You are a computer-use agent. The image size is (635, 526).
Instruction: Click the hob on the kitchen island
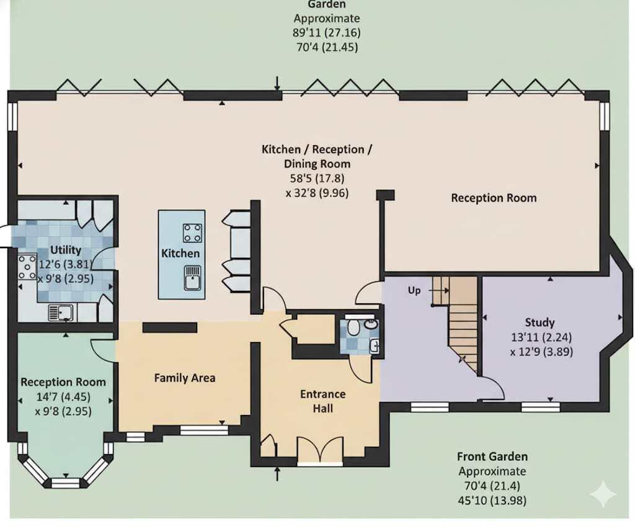pyautogui.click(x=192, y=233)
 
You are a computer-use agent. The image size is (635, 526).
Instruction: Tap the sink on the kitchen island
pyautogui.click(x=192, y=277)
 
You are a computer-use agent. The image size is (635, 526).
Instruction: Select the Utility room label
pyautogui.click(x=66, y=250)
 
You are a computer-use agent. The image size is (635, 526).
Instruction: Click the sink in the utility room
pyautogui.click(x=60, y=313)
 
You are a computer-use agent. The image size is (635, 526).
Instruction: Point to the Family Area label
pyautogui.click(x=184, y=377)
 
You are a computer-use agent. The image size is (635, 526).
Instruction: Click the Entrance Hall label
pyautogui.click(x=322, y=401)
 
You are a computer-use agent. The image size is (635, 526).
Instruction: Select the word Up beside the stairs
pyautogui.click(x=414, y=290)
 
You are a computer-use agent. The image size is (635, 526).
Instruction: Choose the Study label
pyautogui.click(x=540, y=323)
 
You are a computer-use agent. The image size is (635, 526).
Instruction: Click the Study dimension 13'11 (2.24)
pyautogui.click(x=540, y=337)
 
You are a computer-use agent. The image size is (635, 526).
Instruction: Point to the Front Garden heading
pyautogui.click(x=492, y=457)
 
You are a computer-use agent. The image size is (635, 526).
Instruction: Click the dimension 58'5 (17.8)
pyautogui.click(x=317, y=179)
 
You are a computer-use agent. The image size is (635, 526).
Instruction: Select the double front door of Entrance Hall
pyautogui.click(x=320, y=450)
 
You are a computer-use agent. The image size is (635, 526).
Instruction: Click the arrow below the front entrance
pyautogui.click(x=277, y=474)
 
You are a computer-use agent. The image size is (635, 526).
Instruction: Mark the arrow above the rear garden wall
pyautogui.click(x=277, y=82)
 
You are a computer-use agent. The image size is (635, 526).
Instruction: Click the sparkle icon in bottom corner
pyautogui.click(x=603, y=494)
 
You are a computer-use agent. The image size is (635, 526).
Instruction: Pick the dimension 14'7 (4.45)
pyautogui.click(x=63, y=396)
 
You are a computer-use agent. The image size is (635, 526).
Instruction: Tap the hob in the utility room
pyautogui.click(x=27, y=266)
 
